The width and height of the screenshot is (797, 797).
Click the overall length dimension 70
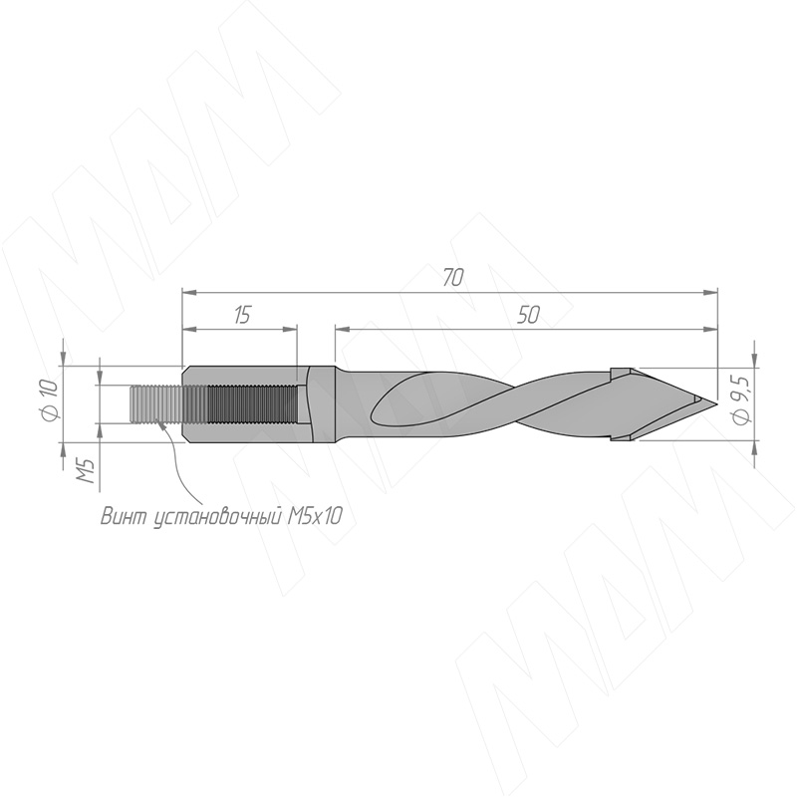pyautogui.click(x=453, y=278)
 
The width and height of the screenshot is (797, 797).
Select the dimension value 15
pyautogui.click(x=243, y=315)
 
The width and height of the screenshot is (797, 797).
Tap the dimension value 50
pyautogui.click(x=528, y=315)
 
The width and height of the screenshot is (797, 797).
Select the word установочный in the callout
pyautogui.click(x=217, y=517)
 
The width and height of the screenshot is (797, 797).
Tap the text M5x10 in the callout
pyautogui.click(x=315, y=517)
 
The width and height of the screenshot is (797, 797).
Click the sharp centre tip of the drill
pyautogui.click(x=716, y=404)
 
